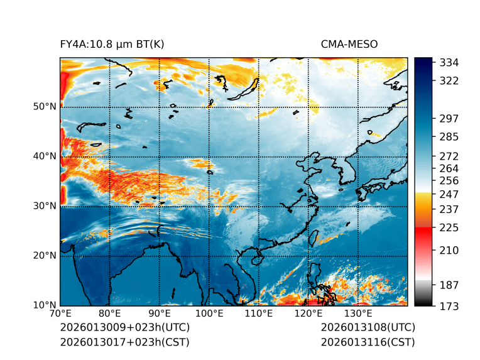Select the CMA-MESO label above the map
coord(349,45)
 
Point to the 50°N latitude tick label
coord(44,107)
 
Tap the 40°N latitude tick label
coord(44,156)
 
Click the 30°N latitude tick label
coord(44,206)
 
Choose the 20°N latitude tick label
coord(44,256)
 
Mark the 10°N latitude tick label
coord(44,306)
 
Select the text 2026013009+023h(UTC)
coord(124,328)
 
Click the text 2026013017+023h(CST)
coord(124,342)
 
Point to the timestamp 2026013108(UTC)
coord(368,328)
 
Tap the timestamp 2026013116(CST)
coord(368,342)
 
